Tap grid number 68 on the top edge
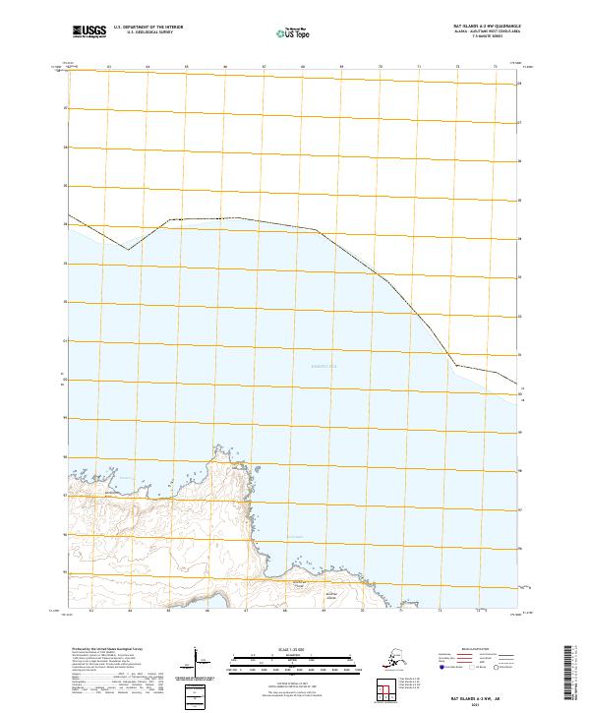tap(303, 68)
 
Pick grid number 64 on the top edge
tap(147, 68)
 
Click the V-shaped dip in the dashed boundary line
tap(128, 249)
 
